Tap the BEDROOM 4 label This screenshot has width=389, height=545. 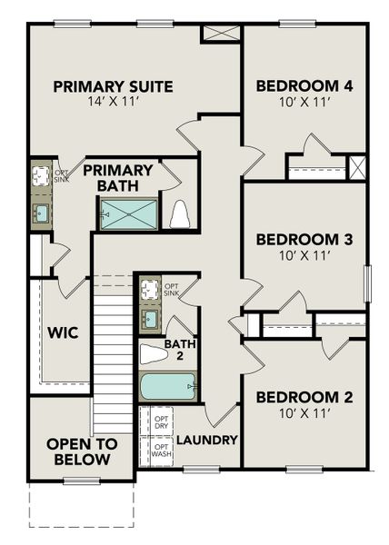click(x=304, y=87)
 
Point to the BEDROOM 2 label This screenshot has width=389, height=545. click(x=304, y=397)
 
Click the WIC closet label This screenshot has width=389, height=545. click(x=62, y=333)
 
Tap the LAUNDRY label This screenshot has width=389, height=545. click(x=206, y=440)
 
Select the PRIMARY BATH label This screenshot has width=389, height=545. click(x=119, y=178)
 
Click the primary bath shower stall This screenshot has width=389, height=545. click(x=128, y=214)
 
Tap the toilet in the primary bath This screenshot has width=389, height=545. click(x=179, y=214)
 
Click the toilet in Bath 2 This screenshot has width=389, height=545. click(x=154, y=352)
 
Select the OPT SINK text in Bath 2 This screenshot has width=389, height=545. click(x=171, y=292)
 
